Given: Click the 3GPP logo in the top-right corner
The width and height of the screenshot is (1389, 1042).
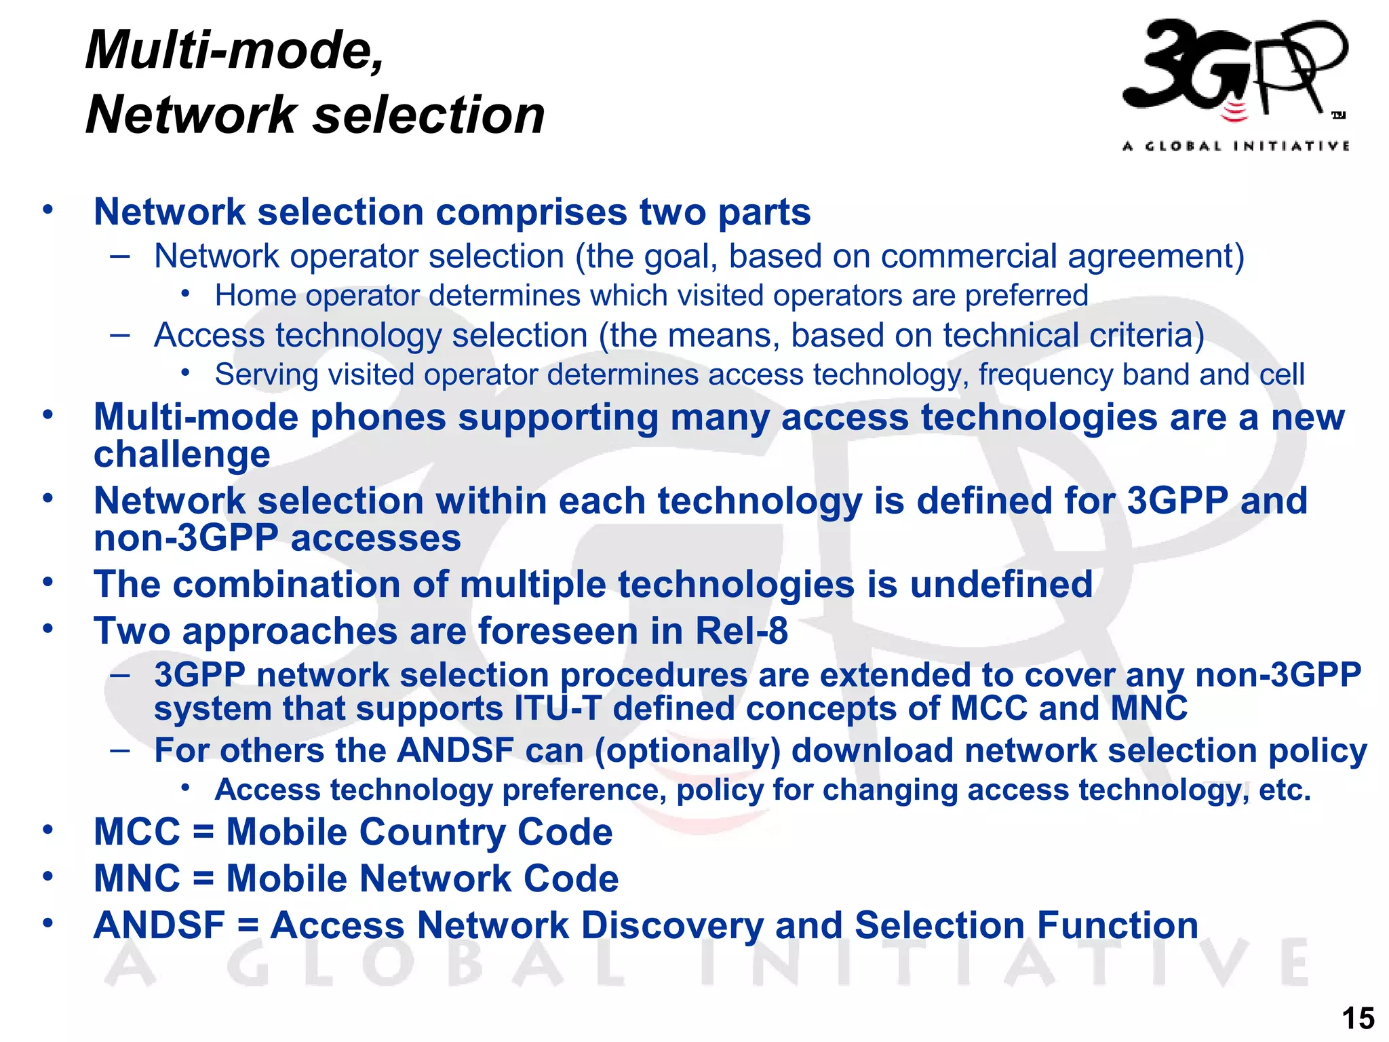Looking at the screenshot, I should [1234, 71].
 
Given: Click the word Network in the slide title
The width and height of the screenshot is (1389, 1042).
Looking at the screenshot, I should [191, 115].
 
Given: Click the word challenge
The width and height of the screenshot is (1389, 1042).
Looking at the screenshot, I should [182, 455].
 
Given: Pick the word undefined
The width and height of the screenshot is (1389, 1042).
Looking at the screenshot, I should [1000, 585].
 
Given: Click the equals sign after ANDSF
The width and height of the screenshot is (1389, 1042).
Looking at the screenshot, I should [248, 927].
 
